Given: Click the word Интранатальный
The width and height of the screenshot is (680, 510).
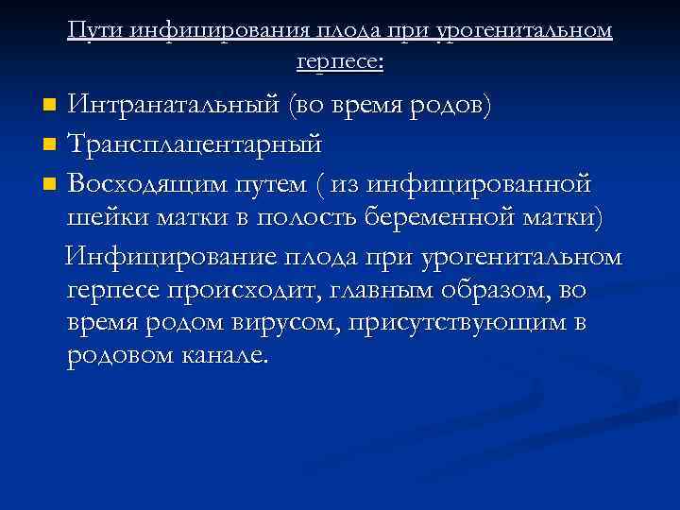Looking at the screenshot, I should pyautogui.click(x=175, y=103).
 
